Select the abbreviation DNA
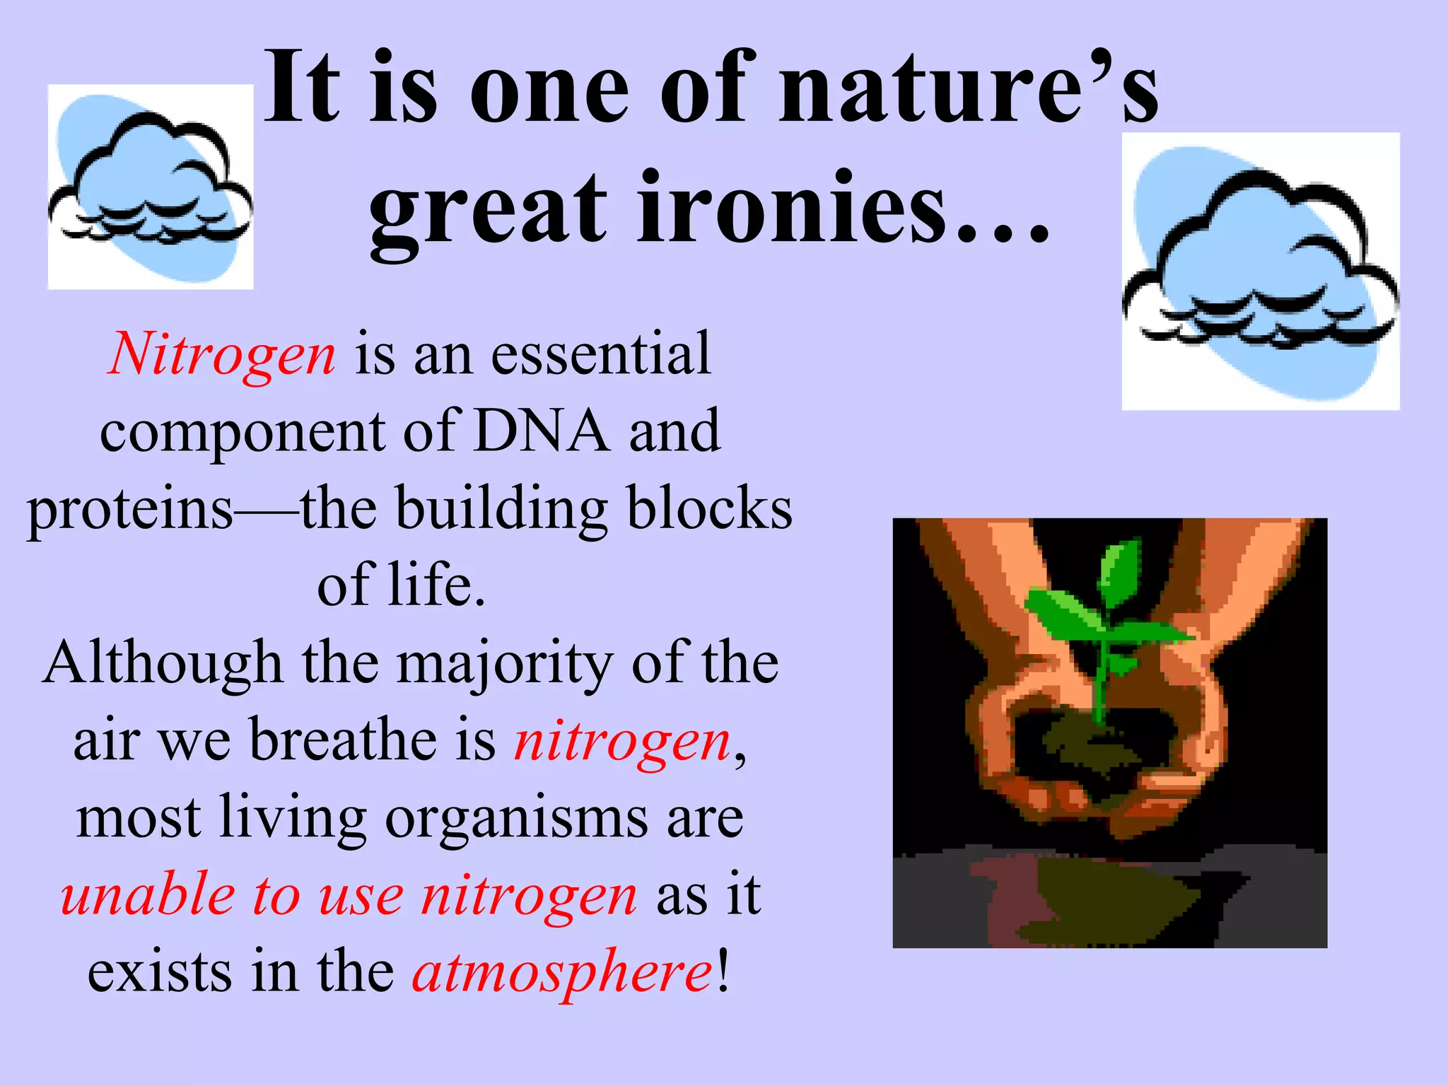point(542,431)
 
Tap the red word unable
point(147,895)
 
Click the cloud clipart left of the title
point(150,187)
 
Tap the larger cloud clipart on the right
point(1260,271)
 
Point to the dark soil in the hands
point(1082,749)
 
